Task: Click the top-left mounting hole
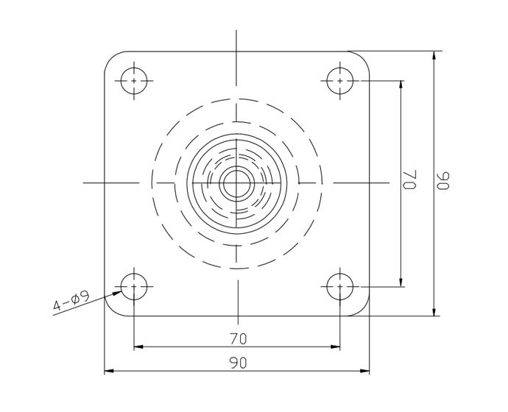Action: point(133,80)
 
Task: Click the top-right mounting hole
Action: point(339,80)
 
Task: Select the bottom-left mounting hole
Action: point(133,285)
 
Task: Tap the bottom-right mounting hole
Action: point(339,285)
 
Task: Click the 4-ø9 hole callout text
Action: point(71,302)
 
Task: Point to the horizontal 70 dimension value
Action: point(237,338)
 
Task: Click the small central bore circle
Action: point(236,182)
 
